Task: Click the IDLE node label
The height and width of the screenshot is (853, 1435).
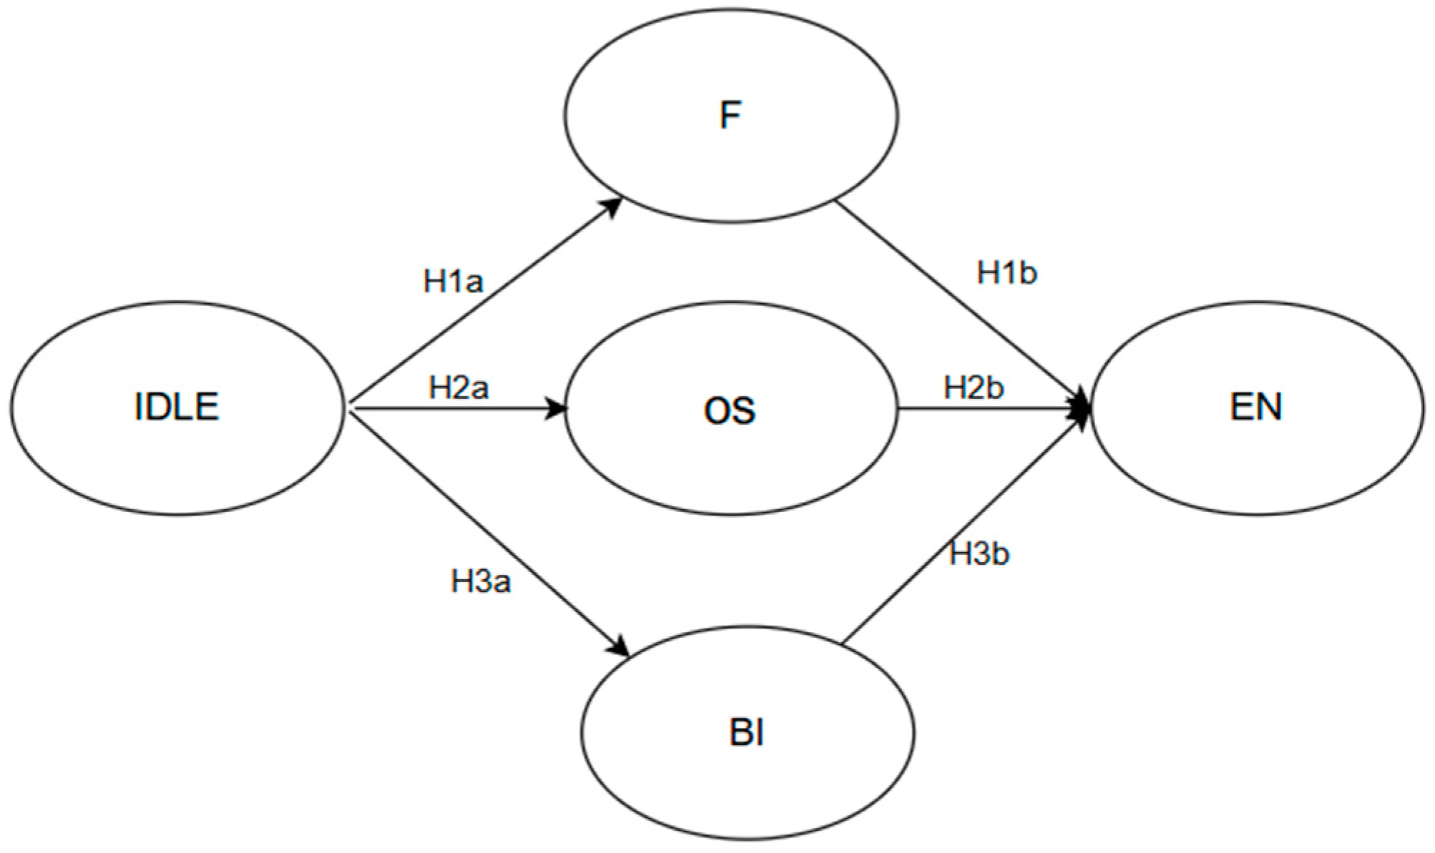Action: tap(177, 407)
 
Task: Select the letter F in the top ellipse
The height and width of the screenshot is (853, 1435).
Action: tap(730, 116)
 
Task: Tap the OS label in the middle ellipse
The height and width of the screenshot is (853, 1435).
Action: tap(730, 411)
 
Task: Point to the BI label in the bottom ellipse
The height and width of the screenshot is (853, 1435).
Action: tap(747, 734)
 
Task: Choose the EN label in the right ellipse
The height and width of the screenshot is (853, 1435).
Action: tap(1255, 407)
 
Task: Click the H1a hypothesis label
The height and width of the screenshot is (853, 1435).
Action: tap(453, 282)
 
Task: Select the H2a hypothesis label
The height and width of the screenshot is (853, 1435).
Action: tap(459, 388)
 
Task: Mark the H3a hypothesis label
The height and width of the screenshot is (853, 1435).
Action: tap(481, 582)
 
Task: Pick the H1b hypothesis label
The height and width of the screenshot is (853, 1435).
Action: tap(1007, 273)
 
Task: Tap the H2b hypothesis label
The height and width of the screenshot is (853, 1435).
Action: tap(974, 388)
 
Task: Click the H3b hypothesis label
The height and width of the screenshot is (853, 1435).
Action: tap(979, 554)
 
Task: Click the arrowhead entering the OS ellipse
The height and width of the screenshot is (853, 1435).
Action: tap(557, 409)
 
